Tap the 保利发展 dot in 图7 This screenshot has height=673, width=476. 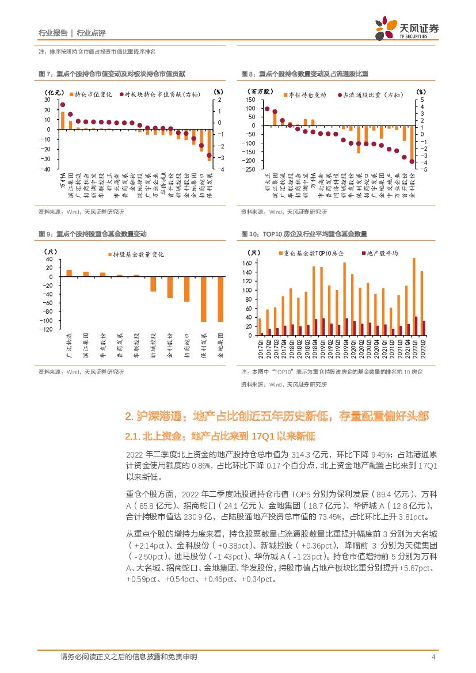click(x=209, y=155)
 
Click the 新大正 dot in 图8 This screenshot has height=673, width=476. click(x=267, y=109)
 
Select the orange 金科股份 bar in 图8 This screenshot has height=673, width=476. click(x=358, y=136)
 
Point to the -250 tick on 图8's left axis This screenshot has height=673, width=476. click(x=250, y=169)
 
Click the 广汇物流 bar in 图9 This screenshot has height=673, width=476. click(x=69, y=273)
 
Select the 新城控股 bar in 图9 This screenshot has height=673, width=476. click(x=153, y=284)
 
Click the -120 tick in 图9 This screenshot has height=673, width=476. click(x=45, y=329)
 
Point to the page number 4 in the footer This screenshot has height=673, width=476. click(x=432, y=657)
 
